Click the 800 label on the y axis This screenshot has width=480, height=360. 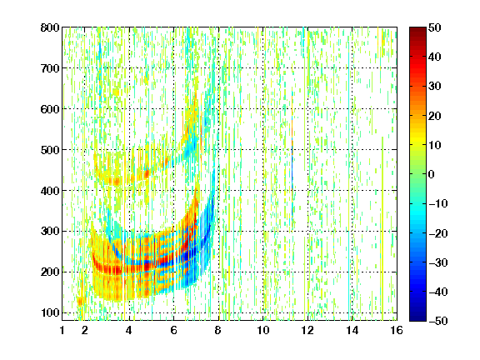pyautogui.click(x=50, y=27)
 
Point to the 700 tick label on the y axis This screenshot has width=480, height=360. pyautogui.click(x=50, y=68)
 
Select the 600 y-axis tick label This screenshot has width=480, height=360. pyautogui.click(x=50, y=109)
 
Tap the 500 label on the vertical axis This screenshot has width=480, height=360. pyautogui.click(x=50, y=150)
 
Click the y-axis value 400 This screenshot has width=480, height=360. pyautogui.click(x=50, y=191)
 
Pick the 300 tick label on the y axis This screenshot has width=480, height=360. pyautogui.click(x=50, y=231)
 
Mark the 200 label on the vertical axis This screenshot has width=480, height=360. pyautogui.click(x=50, y=272)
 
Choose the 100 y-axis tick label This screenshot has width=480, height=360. pyautogui.click(x=50, y=312)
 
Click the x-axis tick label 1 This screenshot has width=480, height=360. pyautogui.click(x=62, y=330)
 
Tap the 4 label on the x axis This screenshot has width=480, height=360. pyautogui.click(x=129, y=330)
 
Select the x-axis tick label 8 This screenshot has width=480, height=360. pyautogui.click(x=217, y=330)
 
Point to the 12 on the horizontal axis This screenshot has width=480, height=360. pyautogui.click(x=307, y=330)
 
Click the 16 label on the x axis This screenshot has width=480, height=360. pyautogui.click(x=397, y=330)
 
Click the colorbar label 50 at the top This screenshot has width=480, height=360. pyautogui.click(x=435, y=27)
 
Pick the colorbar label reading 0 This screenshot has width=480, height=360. pyautogui.click(x=432, y=174)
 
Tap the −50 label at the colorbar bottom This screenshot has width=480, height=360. pyautogui.click(x=438, y=321)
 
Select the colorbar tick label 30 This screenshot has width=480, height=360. pyautogui.click(x=435, y=86)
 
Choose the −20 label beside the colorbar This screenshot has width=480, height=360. pyautogui.click(x=438, y=233)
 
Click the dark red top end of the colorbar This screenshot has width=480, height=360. pyautogui.click(x=417, y=29)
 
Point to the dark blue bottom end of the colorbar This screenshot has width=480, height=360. pyautogui.click(x=417, y=318)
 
